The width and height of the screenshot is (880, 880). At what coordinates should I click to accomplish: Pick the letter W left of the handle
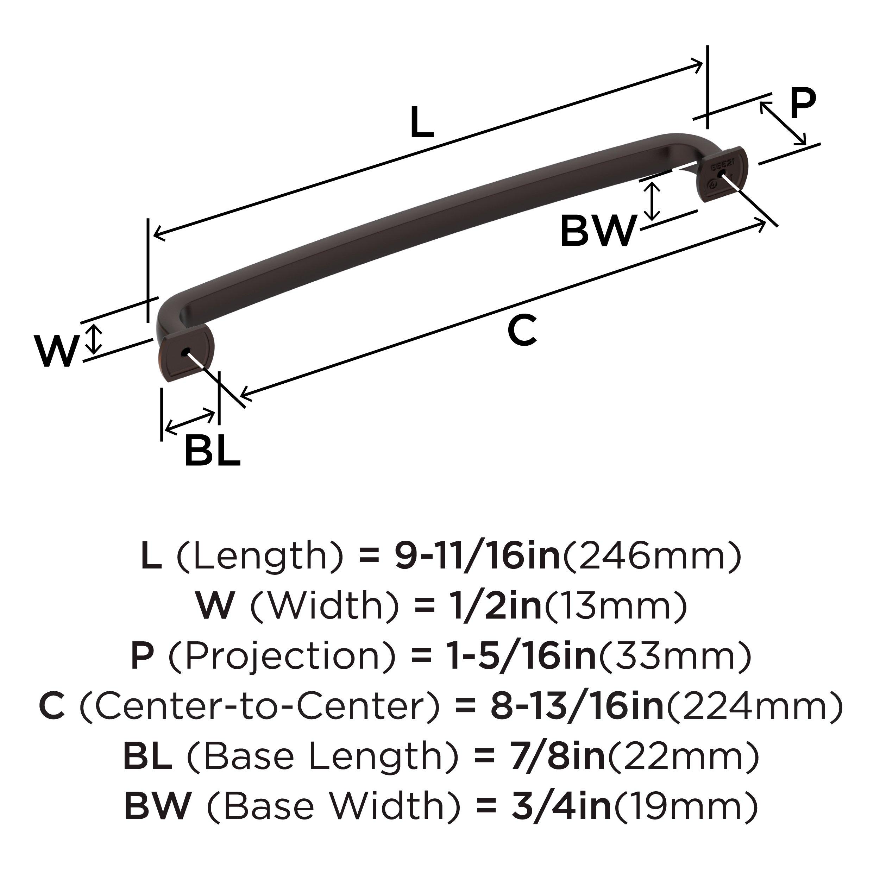56,351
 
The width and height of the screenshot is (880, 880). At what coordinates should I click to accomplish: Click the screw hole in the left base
184,353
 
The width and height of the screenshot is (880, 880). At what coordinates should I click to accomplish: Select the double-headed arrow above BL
190,421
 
